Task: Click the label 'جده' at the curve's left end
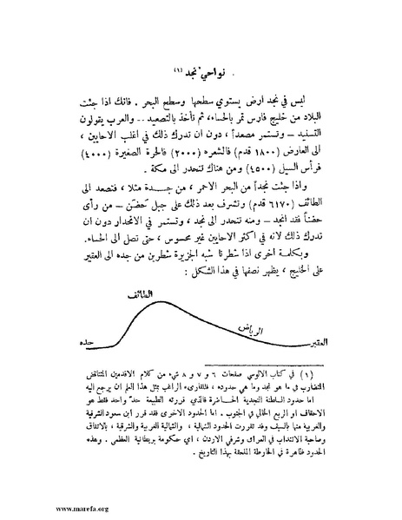(x=84, y=343)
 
